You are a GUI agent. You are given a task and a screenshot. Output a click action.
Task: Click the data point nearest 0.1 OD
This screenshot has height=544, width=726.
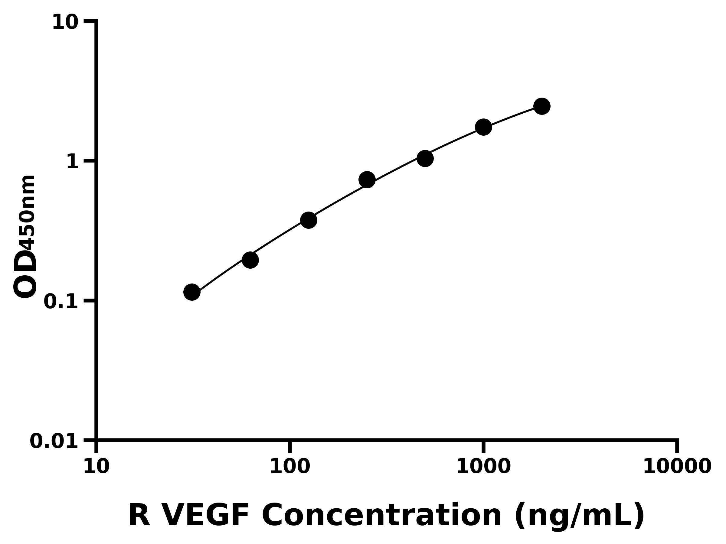tap(192, 292)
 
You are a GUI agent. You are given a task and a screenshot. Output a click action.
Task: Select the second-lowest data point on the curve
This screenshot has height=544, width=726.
tap(250, 260)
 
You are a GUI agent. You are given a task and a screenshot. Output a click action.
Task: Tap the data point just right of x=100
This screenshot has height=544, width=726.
tap(309, 220)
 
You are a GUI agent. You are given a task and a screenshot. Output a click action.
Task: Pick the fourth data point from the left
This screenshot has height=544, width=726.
tap(367, 180)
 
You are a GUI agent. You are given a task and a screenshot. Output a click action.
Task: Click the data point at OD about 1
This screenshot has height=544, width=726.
tap(425, 159)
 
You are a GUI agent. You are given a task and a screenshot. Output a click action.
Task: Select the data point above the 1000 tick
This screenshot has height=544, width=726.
tap(483, 127)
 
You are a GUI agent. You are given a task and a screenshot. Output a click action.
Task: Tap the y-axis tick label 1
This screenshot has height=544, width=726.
tap(73, 162)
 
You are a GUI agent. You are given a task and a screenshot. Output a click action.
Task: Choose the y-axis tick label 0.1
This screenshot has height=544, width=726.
tap(61, 302)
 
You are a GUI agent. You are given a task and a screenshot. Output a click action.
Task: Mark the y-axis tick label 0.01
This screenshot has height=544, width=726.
tap(54, 441)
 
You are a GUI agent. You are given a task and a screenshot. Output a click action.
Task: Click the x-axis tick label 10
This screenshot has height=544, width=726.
tap(96, 467)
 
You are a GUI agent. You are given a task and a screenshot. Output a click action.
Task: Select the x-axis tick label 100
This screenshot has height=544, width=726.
tap(290, 467)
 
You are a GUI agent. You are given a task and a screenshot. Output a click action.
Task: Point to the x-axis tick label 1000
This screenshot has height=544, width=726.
tap(483, 467)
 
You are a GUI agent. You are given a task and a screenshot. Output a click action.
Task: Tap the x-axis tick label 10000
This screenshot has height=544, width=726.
tap(677, 467)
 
